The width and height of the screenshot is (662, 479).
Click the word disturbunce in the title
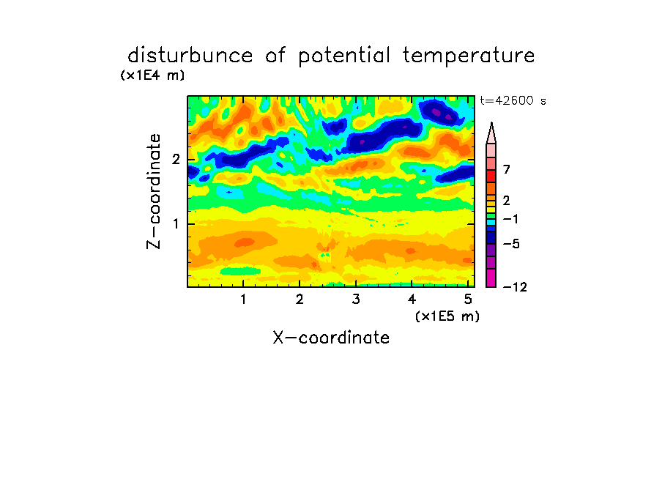click(190, 56)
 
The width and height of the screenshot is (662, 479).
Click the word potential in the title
click(344, 56)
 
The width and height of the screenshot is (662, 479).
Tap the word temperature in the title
click(469, 56)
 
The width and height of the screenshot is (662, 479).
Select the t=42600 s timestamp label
click(513, 101)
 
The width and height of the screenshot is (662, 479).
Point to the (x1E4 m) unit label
click(152, 75)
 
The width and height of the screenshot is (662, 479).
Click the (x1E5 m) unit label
click(447, 316)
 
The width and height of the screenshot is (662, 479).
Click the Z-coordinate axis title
click(154, 191)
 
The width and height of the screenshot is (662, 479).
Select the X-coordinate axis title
click(331, 338)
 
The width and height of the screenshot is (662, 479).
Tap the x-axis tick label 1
click(243, 300)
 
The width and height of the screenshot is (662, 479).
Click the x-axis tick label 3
click(356, 300)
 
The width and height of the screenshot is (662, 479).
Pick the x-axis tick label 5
click(468, 300)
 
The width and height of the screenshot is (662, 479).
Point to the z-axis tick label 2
click(176, 160)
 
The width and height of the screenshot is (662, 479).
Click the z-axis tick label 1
click(176, 224)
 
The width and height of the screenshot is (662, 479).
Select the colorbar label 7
click(507, 170)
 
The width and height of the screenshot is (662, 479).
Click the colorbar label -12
click(515, 287)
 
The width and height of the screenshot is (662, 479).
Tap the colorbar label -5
click(511, 244)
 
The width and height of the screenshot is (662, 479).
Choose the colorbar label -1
click(510, 219)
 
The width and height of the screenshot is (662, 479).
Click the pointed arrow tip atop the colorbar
click(491, 123)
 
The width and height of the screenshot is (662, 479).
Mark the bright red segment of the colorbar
click(491, 176)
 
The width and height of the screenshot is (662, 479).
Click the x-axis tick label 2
click(300, 300)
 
